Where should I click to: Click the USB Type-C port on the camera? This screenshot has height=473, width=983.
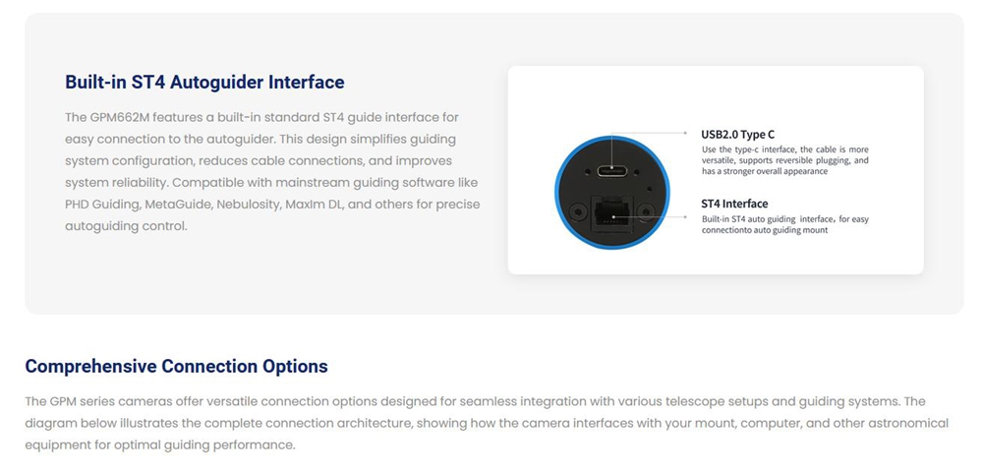coord(611,171)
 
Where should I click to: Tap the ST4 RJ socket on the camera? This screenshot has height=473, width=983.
coord(612,213)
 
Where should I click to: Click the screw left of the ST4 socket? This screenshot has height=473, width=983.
coord(574,212)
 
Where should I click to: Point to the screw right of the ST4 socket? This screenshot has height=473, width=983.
coord(645,212)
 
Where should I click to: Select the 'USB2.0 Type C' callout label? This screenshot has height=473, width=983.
coord(738,134)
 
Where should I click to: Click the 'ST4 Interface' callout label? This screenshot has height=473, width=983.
coord(734,204)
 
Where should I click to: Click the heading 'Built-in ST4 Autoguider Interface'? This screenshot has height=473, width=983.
coord(204,83)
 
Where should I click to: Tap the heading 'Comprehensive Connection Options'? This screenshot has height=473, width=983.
coord(176,367)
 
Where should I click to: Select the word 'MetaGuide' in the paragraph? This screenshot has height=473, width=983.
coord(231,205)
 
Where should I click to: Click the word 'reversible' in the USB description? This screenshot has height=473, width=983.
coord(810,160)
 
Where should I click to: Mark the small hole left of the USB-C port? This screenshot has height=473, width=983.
coord(589,170)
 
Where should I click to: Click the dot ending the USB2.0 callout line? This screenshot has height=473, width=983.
coord(686,133)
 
